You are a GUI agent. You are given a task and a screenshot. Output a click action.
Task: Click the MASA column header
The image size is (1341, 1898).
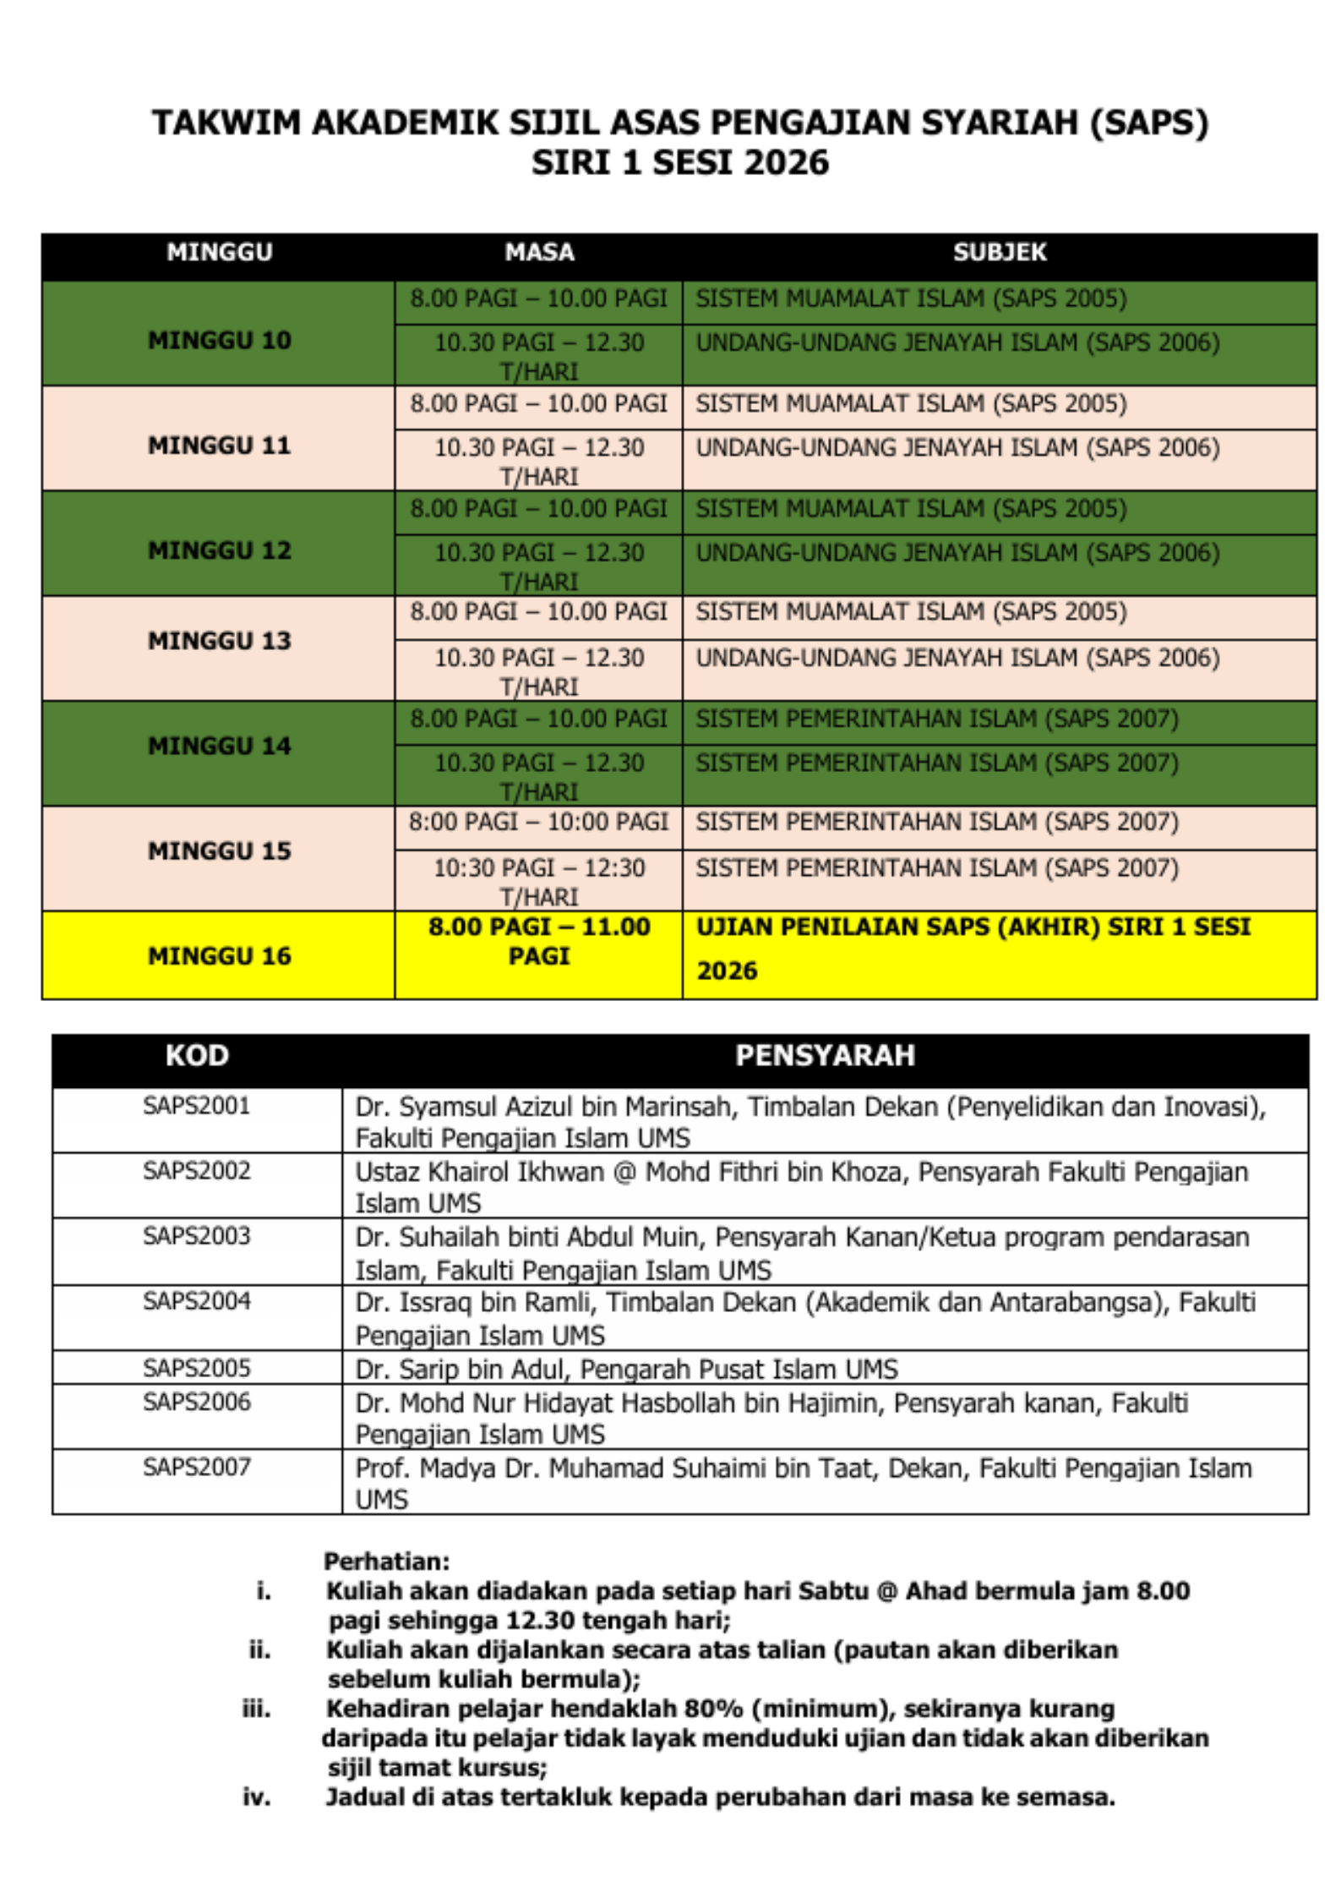[539, 252]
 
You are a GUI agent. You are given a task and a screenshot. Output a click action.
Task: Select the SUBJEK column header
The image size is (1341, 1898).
[999, 252]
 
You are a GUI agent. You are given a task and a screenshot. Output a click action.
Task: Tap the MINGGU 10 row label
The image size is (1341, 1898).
[219, 340]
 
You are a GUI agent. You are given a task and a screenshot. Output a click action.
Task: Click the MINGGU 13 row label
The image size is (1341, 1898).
[219, 641]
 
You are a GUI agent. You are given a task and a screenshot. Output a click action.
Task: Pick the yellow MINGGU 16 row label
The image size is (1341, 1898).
[219, 956]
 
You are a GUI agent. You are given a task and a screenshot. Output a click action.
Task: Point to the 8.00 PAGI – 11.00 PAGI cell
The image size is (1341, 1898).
[539, 941]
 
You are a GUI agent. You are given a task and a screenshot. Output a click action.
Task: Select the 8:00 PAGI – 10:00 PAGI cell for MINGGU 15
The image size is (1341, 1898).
[538, 822]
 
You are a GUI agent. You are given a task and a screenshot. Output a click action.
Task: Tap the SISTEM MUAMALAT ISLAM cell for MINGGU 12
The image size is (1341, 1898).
[910, 509]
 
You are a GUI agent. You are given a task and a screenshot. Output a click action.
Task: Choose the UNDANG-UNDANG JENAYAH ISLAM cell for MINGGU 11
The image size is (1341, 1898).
[957, 448]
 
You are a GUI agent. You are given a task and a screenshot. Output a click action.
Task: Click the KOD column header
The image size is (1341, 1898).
[197, 1055]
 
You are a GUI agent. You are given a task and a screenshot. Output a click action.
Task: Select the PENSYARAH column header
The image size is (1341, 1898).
[825, 1055]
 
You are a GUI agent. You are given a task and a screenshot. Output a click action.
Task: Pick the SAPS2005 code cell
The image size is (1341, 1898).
[197, 1367]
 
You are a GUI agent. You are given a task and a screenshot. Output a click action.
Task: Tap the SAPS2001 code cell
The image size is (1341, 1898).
[197, 1106]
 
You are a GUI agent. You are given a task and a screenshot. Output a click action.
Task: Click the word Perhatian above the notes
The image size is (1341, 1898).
[386, 1561]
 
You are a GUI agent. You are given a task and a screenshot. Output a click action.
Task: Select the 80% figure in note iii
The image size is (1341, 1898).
[713, 1709]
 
